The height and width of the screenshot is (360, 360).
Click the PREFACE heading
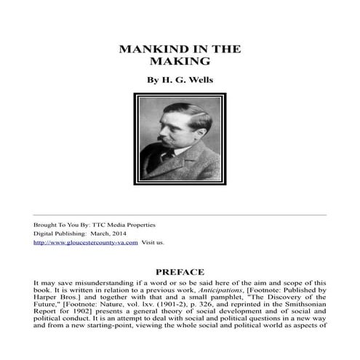pos(180,272)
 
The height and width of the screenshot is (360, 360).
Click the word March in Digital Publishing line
pos(92,233)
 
